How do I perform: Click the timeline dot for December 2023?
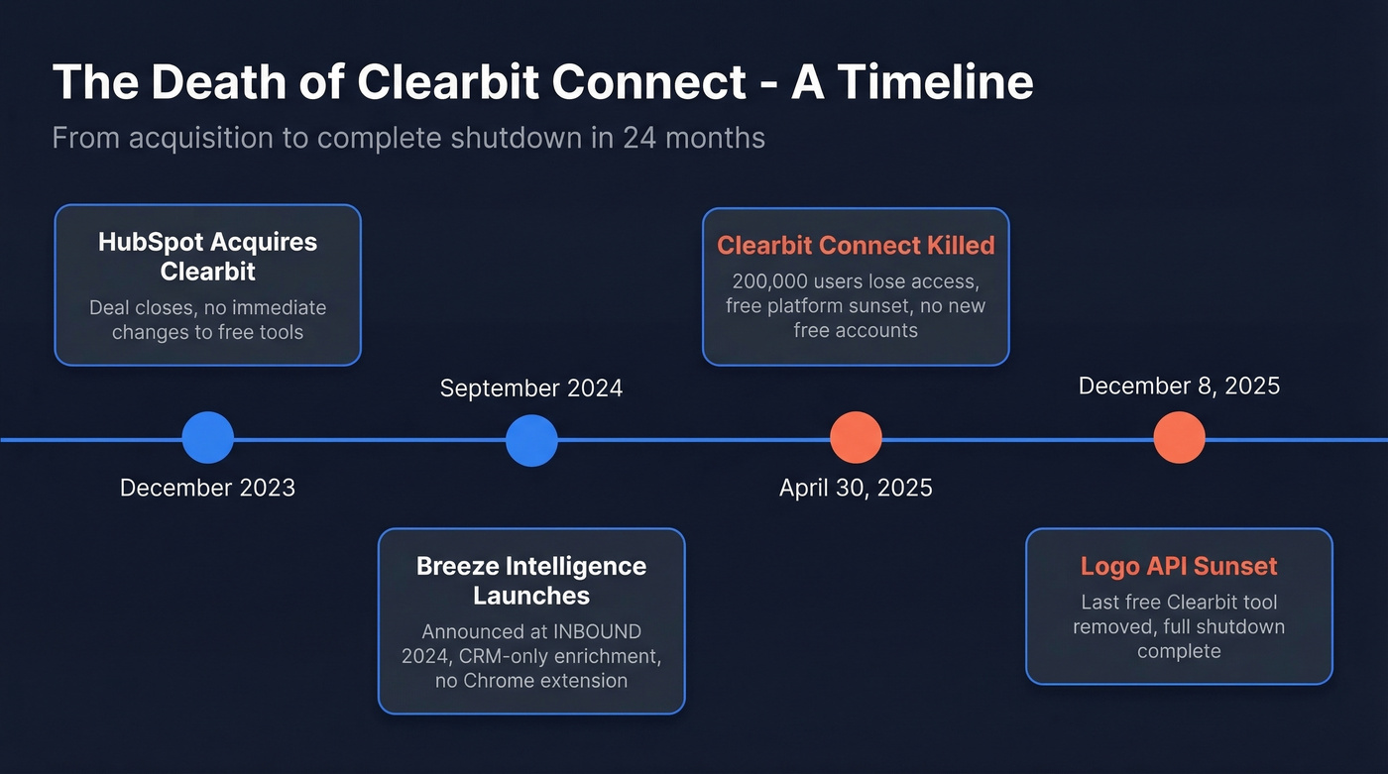click(208, 438)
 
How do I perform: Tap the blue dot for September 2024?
click(531, 440)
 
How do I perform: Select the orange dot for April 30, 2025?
click(856, 438)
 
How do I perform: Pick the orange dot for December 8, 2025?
click(1179, 438)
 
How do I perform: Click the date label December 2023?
click(207, 488)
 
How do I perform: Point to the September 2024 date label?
click(531, 387)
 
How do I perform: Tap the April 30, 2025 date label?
click(856, 488)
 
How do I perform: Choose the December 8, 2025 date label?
click(1179, 386)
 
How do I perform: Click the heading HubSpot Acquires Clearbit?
click(207, 257)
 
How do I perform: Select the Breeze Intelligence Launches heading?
click(531, 581)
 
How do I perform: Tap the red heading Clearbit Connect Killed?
click(856, 245)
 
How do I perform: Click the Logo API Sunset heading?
click(1179, 567)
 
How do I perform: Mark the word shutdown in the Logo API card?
click(1243, 626)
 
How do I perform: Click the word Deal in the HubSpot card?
click(109, 307)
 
